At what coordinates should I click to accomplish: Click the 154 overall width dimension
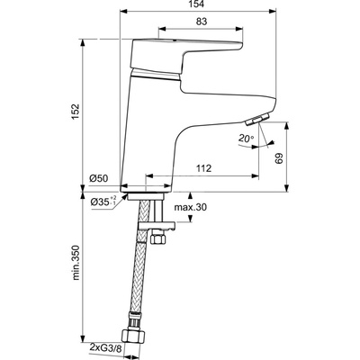click(197, 4)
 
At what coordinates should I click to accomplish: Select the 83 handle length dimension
click(202, 22)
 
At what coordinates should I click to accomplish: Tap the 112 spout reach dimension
click(204, 168)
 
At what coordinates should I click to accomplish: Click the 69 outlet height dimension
click(279, 158)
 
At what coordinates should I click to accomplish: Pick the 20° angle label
click(247, 139)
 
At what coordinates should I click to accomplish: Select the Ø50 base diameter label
click(99, 178)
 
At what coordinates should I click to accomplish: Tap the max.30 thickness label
click(191, 207)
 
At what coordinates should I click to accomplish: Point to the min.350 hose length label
click(76, 263)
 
